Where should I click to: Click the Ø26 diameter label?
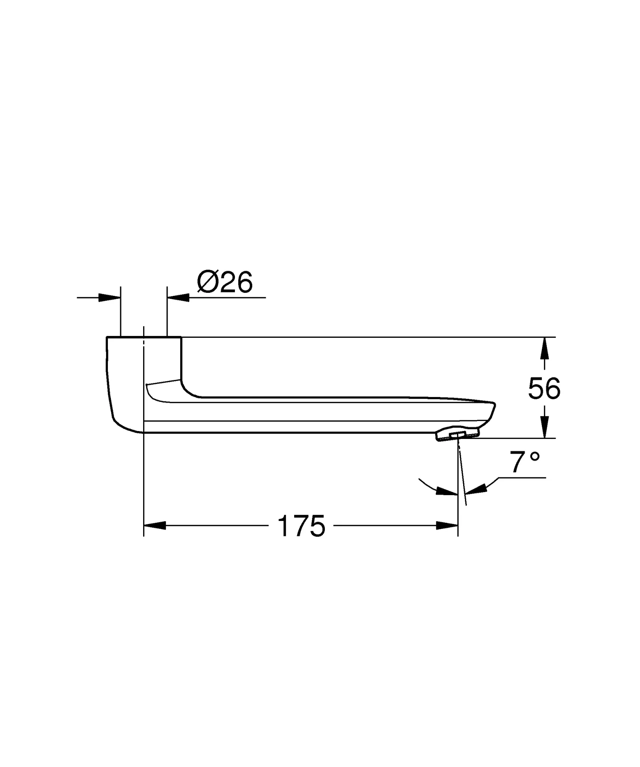pyautogui.click(x=225, y=283)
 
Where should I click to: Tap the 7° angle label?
pyautogui.click(x=524, y=463)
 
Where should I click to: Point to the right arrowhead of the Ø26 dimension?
pyautogui.click(x=178, y=298)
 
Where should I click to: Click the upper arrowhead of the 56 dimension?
pyautogui.click(x=544, y=349)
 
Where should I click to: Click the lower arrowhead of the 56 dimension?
pyautogui.click(x=544, y=427)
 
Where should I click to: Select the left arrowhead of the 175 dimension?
pyautogui.click(x=155, y=525)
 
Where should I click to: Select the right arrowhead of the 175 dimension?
pyautogui.click(x=447, y=525)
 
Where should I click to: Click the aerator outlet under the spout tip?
pyautogui.click(x=458, y=435)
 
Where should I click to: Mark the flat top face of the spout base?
pyautogui.click(x=144, y=337)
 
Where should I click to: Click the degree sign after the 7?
pyautogui.click(x=535, y=457)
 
